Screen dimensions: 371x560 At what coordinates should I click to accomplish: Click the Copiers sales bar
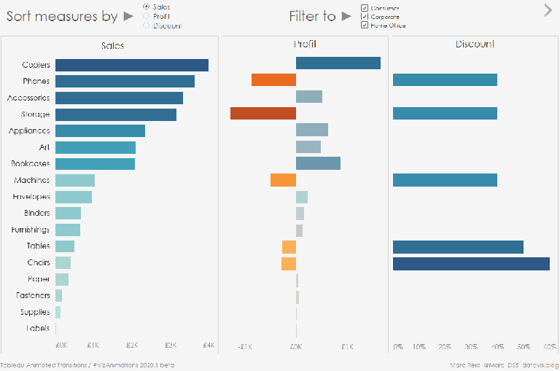pos(131,65)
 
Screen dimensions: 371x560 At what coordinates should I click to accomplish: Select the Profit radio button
pos(147,16)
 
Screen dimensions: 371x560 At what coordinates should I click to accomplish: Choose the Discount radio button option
pos(147,26)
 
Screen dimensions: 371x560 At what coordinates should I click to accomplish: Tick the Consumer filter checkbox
pos(365,8)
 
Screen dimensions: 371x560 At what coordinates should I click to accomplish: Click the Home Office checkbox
pos(365,25)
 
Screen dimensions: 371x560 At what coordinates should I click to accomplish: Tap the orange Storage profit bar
pos(263,113)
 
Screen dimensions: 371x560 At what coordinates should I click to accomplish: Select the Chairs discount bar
pos(471,263)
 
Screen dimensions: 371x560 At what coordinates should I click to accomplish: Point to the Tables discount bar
pos(458,247)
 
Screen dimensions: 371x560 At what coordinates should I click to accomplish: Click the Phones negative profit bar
pos(273,80)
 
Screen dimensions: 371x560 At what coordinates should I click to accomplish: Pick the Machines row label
pos(31,180)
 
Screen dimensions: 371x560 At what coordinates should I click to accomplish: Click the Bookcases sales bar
pos(95,163)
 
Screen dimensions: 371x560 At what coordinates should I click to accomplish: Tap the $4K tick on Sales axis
pos(209,345)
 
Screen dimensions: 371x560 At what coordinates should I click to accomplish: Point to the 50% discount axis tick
pos(524,347)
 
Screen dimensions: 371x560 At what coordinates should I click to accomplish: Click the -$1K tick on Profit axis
pos(244,347)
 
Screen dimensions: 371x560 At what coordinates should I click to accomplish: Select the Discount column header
pos(475,44)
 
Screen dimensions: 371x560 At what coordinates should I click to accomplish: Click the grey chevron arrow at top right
pos(548,10)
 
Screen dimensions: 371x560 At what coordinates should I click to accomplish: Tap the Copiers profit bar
pos(338,63)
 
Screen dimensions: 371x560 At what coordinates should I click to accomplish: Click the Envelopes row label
pos(31,197)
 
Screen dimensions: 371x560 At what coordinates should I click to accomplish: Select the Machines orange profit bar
pos(283,180)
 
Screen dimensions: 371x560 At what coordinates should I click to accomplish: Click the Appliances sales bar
pos(100,130)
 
